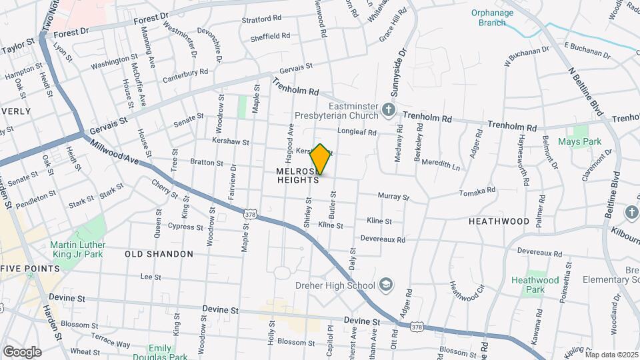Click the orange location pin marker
click(320, 159)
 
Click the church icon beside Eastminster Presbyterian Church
click(389, 109)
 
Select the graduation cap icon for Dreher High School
click(385, 285)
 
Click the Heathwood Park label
click(535, 285)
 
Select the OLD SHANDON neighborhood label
click(159, 254)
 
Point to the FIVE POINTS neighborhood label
click(30, 269)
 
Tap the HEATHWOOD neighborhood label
click(499, 221)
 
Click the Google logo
click(22, 351)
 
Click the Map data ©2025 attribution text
click(611, 355)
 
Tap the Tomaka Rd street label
click(477, 192)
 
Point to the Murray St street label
click(393, 197)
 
